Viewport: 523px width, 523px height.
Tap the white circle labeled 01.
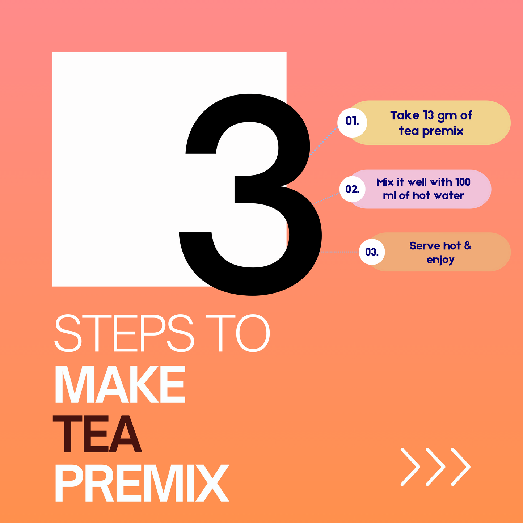352,122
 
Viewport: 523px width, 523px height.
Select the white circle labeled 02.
352,189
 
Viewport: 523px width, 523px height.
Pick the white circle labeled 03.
372,252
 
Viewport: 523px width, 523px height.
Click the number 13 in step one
429,115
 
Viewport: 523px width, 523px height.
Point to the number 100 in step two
463,182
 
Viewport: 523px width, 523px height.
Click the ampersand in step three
468,246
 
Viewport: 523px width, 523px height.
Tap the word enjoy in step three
440,260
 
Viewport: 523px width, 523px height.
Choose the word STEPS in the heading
124,333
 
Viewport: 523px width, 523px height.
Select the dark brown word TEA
97,434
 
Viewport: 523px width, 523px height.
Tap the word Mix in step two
385,182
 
